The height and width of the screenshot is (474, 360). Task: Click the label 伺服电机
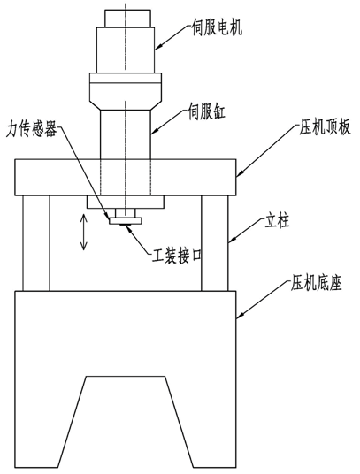(217, 28)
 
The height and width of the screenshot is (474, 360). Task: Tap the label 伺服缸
(206, 112)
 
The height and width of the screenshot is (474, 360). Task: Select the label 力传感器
(32, 130)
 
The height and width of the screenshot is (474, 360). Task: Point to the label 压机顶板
(325, 127)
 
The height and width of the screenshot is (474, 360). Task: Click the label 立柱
(277, 222)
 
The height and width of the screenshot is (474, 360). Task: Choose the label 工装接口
(177, 256)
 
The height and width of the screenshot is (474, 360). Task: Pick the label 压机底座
(316, 284)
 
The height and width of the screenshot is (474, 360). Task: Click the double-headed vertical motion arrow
(83, 233)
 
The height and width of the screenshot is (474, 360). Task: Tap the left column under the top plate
(35, 243)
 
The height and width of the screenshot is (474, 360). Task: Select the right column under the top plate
(215, 243)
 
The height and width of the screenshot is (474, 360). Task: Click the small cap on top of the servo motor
(127, 19)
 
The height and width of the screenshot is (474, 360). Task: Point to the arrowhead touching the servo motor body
(158, 46)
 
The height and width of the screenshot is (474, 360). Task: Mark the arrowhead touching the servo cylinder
(155, 130)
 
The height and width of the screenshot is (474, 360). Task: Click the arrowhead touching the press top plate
(240, 173)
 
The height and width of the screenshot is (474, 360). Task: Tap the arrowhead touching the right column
(232, 240)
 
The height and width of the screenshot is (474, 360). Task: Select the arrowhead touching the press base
(241, 315)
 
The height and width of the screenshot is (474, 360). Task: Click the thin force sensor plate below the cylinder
(126, 221)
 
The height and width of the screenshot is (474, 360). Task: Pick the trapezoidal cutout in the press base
(126, 421)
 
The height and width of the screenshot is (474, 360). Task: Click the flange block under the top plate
(126, 202)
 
